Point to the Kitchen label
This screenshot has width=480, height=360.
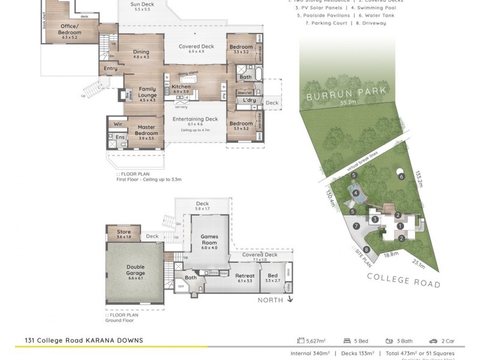click(x=181, y=87)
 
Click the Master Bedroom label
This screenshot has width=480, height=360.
click(x=146, y=130)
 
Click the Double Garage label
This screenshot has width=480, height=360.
click(x=135, y=271)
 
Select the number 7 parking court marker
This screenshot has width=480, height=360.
click(x=356, y=226)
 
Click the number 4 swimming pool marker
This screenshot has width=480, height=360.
click(x=356, y=193)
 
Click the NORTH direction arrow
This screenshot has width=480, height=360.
click(x=290, y=300)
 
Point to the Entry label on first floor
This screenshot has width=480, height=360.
click(x=110, y=68)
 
